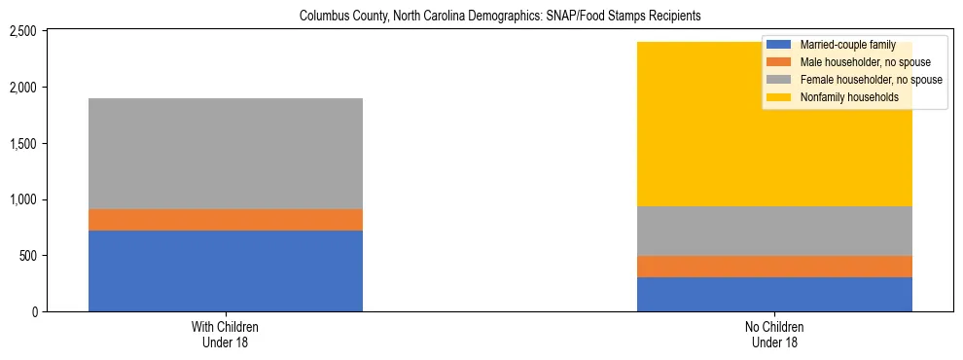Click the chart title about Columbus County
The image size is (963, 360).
pyautogui.click(x=500, y=17)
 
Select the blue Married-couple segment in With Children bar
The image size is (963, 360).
pyautogui.click(x=226, y=270)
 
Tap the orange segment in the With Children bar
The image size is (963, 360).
pyautogui.click(x=226, y=220)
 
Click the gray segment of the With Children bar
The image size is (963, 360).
pyautogui.click(x=226, y=154)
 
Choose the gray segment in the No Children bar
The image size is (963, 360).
pyautogui.click(x=774, y=231)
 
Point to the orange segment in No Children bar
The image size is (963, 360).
pyautogui.click(x=774, y=267)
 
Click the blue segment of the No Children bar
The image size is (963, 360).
pyautogui.click(x=774, y=294)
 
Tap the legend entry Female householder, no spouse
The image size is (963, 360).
pyautogui.click(x=870, y=80)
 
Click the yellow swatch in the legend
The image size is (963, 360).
pyautogui.click(x=779, y=97)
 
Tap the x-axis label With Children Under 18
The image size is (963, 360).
pyautogui.click(x=226, y=335)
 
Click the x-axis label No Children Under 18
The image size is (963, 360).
pyautogui.click(x=774, y=335)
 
